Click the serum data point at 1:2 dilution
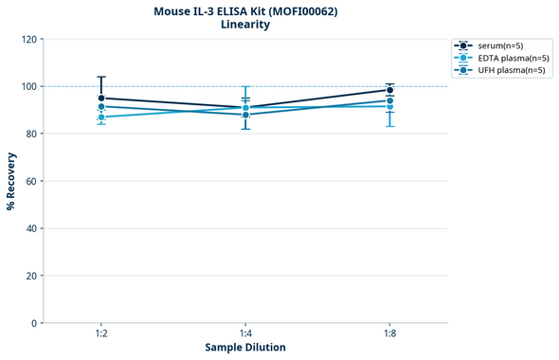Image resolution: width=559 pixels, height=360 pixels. click(x=101, y=98)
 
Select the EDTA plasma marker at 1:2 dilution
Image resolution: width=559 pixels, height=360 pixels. click(x=101, y=117)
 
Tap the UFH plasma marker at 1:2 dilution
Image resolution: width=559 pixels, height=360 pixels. click(x=101, y=107)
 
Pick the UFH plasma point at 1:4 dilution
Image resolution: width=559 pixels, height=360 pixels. click(x=245, y=115)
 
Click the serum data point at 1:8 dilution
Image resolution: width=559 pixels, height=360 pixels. click(x=389, y=90)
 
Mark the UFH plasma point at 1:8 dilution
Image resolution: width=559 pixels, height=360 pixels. click(x=389, y=100)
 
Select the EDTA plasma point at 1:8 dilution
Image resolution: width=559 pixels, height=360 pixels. click(x=389, y=106)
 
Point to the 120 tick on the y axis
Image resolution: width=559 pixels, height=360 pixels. click(x=28, y=39)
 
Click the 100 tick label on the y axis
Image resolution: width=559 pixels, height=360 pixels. click(x=28, y=86)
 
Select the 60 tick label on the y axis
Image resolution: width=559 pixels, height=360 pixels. click(x=31, y=181)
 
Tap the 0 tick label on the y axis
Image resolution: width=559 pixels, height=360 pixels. click(x=34, y=323)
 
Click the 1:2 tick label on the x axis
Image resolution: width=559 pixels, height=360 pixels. click(x=101, y=334)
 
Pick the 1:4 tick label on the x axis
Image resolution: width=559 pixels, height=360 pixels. click(x=245, y=334)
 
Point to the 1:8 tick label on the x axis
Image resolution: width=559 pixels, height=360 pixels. click(x=389, y=334)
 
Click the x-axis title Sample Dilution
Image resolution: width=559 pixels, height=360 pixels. click(x=245, y=348)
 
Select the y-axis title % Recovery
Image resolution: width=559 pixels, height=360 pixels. click(x=10, y=180)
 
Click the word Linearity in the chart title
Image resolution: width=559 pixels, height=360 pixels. click(x=245, y=25)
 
